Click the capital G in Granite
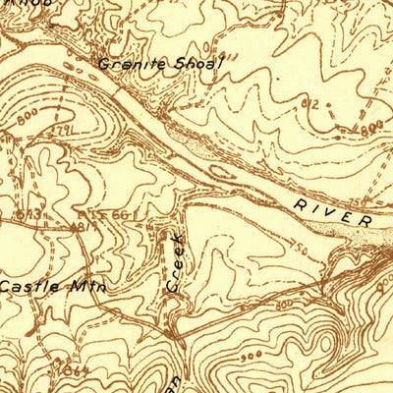coord(103,64)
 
